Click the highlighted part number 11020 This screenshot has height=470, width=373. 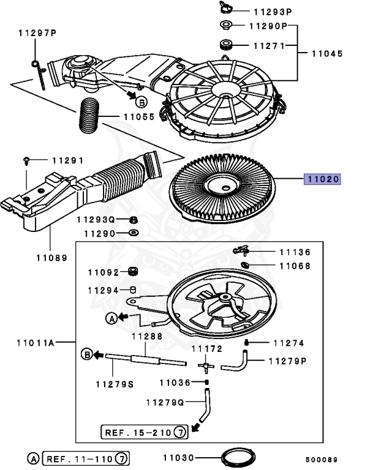pyautogui.click(x=323, y=179)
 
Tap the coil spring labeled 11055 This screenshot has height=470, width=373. pyautogui.click(x=91, y=115)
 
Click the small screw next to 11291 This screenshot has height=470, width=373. pyautogui.click(x=27, y=160)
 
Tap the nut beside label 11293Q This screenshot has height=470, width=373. pyautogui.click(x=134, y=220)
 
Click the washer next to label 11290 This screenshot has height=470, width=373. pyautogui.click(x=134, y=233)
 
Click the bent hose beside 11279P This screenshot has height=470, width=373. pyautogui.click(x=237, y=363)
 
